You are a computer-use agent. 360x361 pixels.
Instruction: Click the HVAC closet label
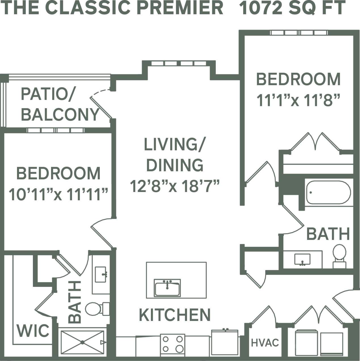tap(265, 343)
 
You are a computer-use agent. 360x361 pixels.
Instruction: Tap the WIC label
tap(33, 331)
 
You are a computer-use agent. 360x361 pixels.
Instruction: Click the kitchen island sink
tap(167, 288)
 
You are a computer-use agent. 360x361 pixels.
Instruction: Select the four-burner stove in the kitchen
tap(172, 344)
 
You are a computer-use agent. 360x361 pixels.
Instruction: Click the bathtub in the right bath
tap(328, 192)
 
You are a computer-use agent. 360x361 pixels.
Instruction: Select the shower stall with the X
tap(82, 342)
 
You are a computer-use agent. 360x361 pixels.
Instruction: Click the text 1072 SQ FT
tap(292, 8)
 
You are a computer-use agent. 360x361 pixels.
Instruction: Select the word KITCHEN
tap(175, 315)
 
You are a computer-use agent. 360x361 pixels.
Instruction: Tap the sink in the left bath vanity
tap(101, 274)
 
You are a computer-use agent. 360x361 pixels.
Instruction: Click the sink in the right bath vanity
tap(302, 259)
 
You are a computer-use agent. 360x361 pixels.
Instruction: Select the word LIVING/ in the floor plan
tap(174, 145)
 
